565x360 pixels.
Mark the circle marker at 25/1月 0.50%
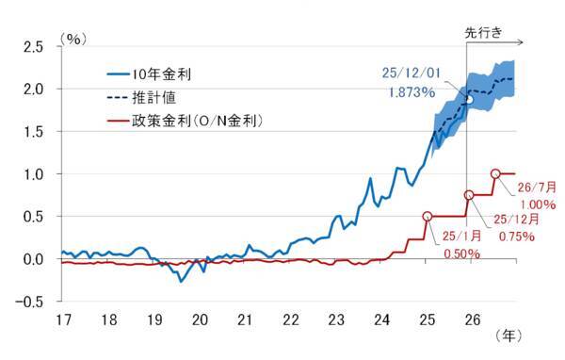point(428,217)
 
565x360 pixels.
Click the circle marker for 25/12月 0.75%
point(470,195)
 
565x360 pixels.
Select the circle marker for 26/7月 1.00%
point(496,173)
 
